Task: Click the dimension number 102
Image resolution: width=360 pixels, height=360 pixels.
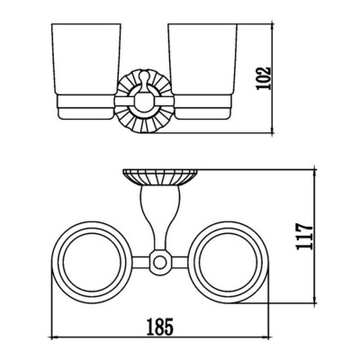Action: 264,78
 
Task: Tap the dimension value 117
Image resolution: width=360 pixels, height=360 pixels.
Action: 305,236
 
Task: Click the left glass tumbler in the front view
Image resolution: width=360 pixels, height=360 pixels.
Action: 86,59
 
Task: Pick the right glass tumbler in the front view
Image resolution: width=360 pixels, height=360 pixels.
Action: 202,59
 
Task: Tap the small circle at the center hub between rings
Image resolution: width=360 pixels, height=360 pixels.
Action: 159,262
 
